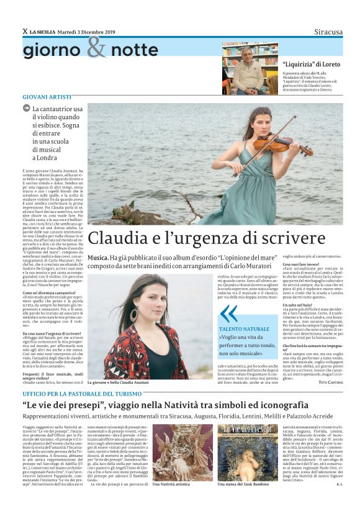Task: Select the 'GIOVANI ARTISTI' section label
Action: (x=47, y=97)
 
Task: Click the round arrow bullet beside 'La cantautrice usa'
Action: (x=26, y=108)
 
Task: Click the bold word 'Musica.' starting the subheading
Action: (x=97, y=256)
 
